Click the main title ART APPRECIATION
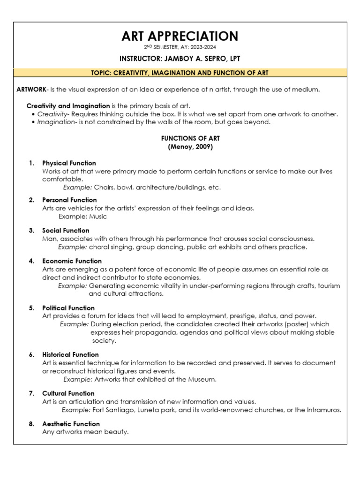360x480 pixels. click(180, 36)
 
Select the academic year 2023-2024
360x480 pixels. click(203, 47)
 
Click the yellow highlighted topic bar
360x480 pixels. click(180, 73)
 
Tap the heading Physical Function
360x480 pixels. click(69, 163)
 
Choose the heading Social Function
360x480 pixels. click(66, 231)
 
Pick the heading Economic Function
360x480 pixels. click(72, 261)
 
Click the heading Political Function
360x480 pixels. click(68, 308)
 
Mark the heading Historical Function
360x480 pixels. click(70, 355)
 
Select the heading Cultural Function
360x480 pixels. click(68, 393)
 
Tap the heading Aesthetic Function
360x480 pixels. click(71, 424)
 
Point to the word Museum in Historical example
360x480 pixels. click(202, 379)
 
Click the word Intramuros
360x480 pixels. click(322, 410)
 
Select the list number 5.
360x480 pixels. click(31, 308)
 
